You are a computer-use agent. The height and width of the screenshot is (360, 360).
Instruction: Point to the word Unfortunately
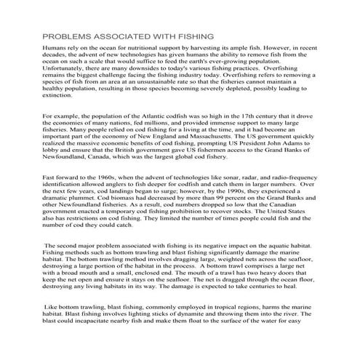click(68, 70)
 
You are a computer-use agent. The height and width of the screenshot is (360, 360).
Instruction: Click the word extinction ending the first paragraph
click(58, 95)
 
